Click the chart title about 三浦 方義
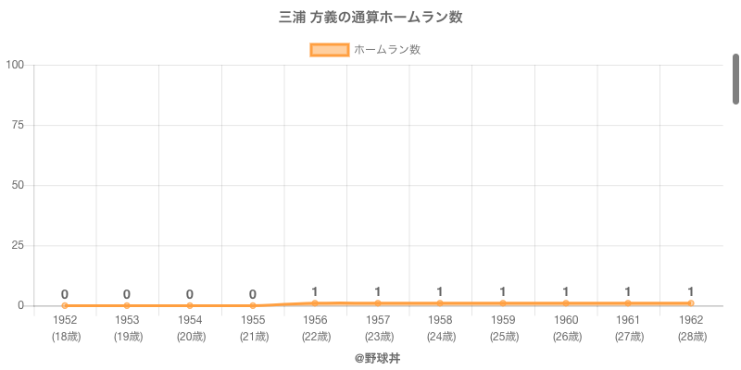(370, 18)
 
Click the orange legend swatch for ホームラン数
(329, 50)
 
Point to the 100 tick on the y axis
(15, 65)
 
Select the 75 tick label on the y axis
(18, 125)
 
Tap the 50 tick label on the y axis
(18, 185)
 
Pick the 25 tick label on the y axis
(18, 245)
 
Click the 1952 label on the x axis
(65, 320)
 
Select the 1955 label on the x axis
(253, 320)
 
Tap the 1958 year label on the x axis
(440, 320)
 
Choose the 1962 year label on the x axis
(690, 320)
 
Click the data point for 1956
(315, 302)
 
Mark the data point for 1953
(127, 305)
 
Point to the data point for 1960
(565, 303)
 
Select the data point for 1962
(690, 303)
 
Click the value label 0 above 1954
(190, 294)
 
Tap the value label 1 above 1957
(378, 291)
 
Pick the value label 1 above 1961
(628, 291)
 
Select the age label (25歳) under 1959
(502, 337)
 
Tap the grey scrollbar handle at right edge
(735, 80)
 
